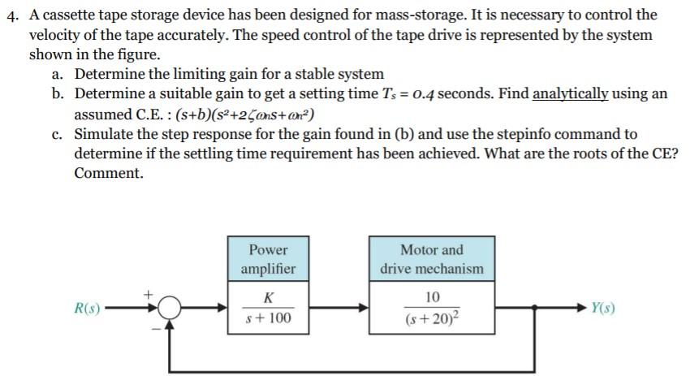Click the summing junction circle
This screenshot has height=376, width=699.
click(x=169, y=309)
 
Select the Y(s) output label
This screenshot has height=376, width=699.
click(x=602, y=309)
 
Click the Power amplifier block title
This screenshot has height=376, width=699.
click(x=268, y=259)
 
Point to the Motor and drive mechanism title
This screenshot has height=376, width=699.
click(x=431, y=259)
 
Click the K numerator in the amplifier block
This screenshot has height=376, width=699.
click(x=268, y=297)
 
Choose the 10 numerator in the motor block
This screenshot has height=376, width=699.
click(x=431, y=297)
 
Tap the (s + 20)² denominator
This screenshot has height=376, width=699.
click(x=431, y=319)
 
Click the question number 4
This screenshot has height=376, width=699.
click(x=11, y=15)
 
